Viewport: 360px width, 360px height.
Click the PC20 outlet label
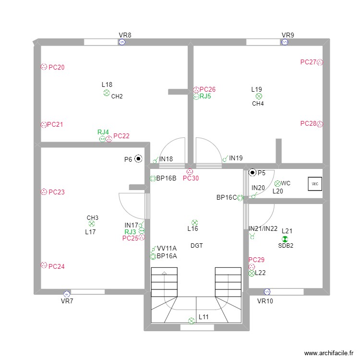pyautogui.click(x=57, y=68)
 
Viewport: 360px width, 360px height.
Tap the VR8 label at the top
pyautogui.click(x=125, y=35)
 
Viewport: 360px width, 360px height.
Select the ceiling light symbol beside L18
pyautogui.click(x=107, y=93)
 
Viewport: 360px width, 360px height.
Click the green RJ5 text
pyautogui.click(x=205, y=96)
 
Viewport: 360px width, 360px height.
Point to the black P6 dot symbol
pyautogui.click(x=138, y=158)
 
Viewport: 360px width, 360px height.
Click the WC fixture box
pyautogui.click(x=315, y=184)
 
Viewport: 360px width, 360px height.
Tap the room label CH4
pyautogui.click(x=258, y=104)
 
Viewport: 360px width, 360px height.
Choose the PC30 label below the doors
pyautogui.click(x=191, y=179)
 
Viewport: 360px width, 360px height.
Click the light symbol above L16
pyautogui.click(x=194, y=222)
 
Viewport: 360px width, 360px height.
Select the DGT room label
pyautogui.click(x=197, y=246)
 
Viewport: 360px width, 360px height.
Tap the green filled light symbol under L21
pyautogui.click(x=285, y=239)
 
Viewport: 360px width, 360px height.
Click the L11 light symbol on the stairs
pyautogui.click(x=192, y=320)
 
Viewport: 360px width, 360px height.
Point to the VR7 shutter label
pyautogui.click(x=67, y=301)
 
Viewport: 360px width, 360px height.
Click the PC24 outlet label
pyautogui.click(x=57, y=266)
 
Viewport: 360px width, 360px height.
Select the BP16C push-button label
pyautogui.click(x=227, y=197)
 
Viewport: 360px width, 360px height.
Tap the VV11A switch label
pyautogui.click(x=167, y=248)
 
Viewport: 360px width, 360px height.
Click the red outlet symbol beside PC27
pyautogui.click(x=320, y=62)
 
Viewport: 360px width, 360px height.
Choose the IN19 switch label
pyautogui.click(x=236, y=158)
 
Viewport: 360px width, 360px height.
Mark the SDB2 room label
pyautogui.click(x=286, y=246)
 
